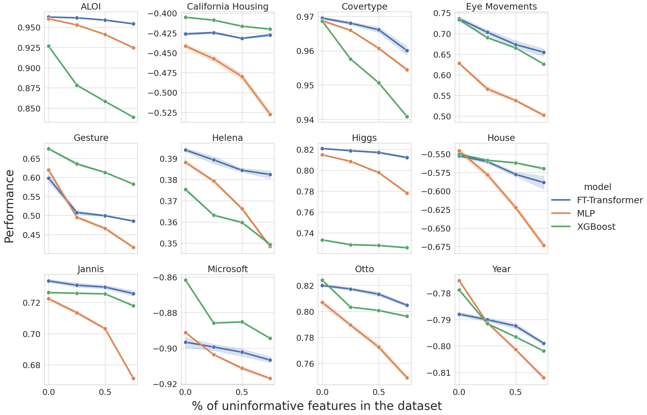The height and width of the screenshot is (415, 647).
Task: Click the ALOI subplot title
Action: (x=91, y=6)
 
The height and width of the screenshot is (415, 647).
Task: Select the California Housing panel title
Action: (x=228, y=6)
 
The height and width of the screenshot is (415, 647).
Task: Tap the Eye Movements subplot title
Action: (x=501, y=6)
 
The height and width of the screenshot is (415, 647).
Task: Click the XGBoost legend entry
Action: (x=596, y=227)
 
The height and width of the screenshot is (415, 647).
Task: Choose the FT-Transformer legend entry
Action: (x=610, y=200)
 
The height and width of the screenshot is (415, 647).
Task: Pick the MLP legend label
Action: (x=586, y=213)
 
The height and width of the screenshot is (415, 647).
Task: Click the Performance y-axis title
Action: (x=9, y=206)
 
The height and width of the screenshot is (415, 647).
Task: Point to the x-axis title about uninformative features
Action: (x=317, y=406)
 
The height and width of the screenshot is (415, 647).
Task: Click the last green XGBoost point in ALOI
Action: (x=133, y=117)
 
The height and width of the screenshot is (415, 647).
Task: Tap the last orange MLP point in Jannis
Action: (x=133, y=378)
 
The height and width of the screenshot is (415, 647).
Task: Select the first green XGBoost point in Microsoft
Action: (x=186, y=280)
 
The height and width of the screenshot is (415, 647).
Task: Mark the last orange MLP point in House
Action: (x=544, y=245)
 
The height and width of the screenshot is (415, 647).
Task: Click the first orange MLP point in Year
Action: (x=459, y=281)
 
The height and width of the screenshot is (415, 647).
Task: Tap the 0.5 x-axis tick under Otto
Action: (x=379, y=392)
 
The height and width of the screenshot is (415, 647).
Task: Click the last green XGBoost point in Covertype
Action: (x=407, y=117)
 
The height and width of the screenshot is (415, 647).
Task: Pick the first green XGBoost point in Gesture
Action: (x=49, y=149)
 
